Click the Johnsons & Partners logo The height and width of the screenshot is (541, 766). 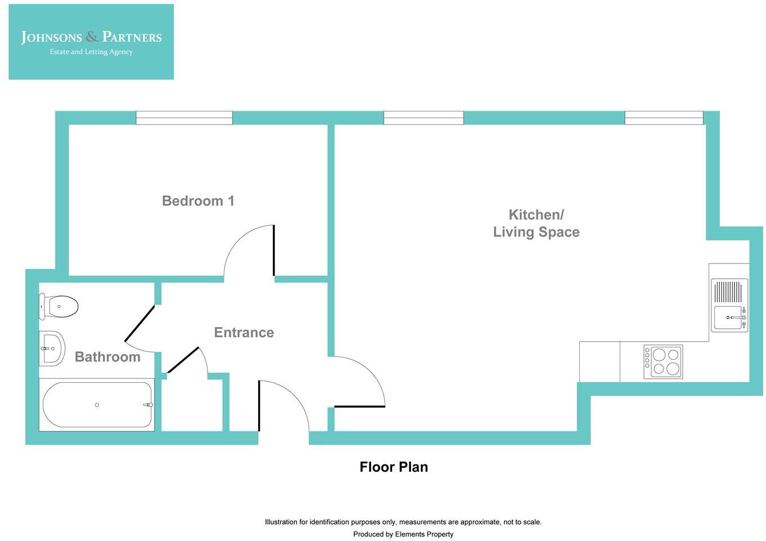tap(91, 42)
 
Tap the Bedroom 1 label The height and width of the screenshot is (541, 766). tap(198, 201)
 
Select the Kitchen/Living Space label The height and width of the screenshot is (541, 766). tap(536, 223)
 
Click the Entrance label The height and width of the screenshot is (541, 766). tap(244, 332)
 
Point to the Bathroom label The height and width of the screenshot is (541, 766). tap(107, 357)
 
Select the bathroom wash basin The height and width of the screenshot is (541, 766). tap(52, 348)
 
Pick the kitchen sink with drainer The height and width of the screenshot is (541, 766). tap(729, 305)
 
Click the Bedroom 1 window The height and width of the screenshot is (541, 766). tap(184, 118)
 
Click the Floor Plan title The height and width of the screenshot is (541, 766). tap(394, 467)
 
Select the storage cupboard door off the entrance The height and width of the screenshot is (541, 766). tap(183, 360)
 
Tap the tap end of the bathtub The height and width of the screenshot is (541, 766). tap(148, 405)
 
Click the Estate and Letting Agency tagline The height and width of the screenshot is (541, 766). tap(91, 52)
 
